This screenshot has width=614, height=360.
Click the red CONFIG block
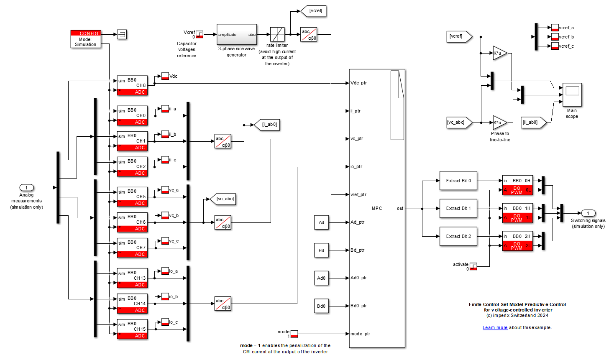[x=86, y=39]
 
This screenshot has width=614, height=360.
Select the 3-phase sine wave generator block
[x=236, y=35]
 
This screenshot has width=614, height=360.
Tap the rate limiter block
[x=277, y=34]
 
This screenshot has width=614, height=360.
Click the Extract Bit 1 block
[x=458, y=209]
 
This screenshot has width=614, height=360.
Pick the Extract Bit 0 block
[x=458, y=181]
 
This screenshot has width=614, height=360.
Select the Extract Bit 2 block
[x=458, y=236]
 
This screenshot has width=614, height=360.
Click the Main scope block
[x=572, y=94]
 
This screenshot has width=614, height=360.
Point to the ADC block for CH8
[x=132, y=86]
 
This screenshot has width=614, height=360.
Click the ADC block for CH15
[x=132, y=329]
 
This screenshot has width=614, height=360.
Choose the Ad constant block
[x=321, y=222]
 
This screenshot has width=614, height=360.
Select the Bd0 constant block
[x=321, y=306]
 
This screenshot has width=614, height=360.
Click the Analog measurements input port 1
[x=26, y=188]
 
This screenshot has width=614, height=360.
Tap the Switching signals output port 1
[x=588, y=213]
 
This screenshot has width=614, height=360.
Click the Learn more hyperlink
[x=495, y=328]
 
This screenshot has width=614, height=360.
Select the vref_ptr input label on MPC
[x=358, y=194]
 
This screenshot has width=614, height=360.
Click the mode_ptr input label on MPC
[x=360, y=334]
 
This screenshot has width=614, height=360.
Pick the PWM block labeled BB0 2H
[x=517, y=241]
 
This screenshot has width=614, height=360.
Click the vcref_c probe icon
[x=555, y=46]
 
